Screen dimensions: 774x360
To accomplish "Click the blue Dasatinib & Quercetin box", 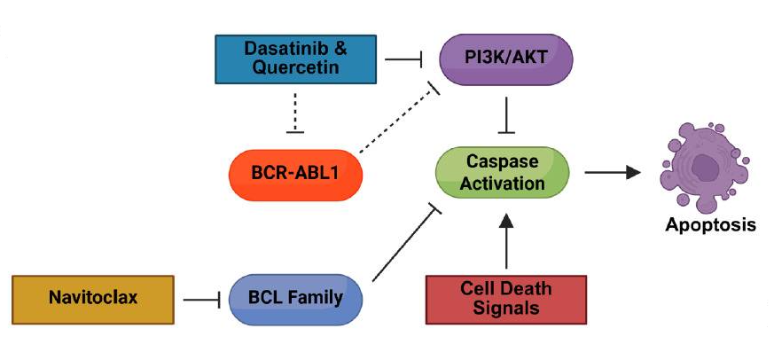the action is coord(295,59).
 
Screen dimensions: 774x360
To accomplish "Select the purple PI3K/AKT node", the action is coord(506,59).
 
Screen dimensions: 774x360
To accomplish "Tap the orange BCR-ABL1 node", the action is coord(295,175).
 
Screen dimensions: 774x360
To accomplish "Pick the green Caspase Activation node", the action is coord(502,172).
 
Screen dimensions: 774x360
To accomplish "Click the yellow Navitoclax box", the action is coord(93,299).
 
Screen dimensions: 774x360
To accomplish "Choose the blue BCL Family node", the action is coord(295,299).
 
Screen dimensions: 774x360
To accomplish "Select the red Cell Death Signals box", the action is coord(506,299).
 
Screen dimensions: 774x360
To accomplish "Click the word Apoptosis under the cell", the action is coord(710,224).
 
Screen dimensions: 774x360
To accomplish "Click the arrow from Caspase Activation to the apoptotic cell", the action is coord(613,172).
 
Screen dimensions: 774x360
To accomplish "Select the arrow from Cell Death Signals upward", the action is coord(506,241).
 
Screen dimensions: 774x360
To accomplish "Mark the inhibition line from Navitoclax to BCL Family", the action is coord(201,299).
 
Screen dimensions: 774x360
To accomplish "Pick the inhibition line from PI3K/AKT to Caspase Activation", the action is coord(506,115).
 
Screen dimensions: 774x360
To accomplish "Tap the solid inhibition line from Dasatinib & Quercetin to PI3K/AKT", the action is coord(403,59).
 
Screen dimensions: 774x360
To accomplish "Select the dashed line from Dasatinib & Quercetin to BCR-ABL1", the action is coord(295,113).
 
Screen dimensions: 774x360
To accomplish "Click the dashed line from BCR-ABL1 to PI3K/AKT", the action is coord(399,117).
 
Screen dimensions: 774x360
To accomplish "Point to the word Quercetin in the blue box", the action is coord(295,67).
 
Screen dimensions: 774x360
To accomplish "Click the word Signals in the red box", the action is coord(506,308).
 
